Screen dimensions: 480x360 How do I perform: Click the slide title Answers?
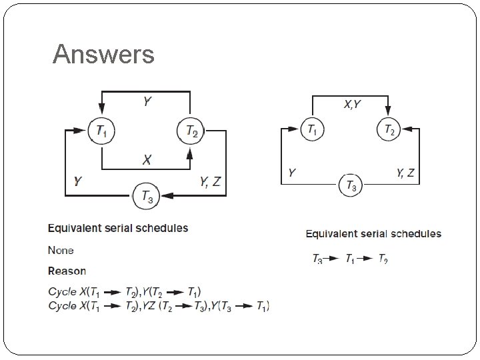(x=103, y=54)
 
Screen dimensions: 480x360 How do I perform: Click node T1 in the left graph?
(x=101, y=132)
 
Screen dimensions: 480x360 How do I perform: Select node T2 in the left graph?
(x=190, y=132)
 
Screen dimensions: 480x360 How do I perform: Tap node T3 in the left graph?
(x=145, y=195)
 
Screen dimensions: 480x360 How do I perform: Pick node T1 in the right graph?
(x=312, y=130)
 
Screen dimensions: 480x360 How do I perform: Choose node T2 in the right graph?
(x=389, y=130)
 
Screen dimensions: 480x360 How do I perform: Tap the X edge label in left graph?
(x=147, y=160)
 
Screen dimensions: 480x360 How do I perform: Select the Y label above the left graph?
(x=146, y=102)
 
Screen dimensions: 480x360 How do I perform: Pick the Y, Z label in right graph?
(x=405, y=173)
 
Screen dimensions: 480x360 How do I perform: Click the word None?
(x=61, y=250)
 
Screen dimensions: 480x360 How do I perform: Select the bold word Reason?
(x=67, y=271)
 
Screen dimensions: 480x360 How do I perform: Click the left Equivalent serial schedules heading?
(x=118, y=228)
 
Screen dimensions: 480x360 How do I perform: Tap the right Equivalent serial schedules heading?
(x=373, y=233)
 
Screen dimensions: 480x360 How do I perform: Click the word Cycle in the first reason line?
(x=63, y=291)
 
